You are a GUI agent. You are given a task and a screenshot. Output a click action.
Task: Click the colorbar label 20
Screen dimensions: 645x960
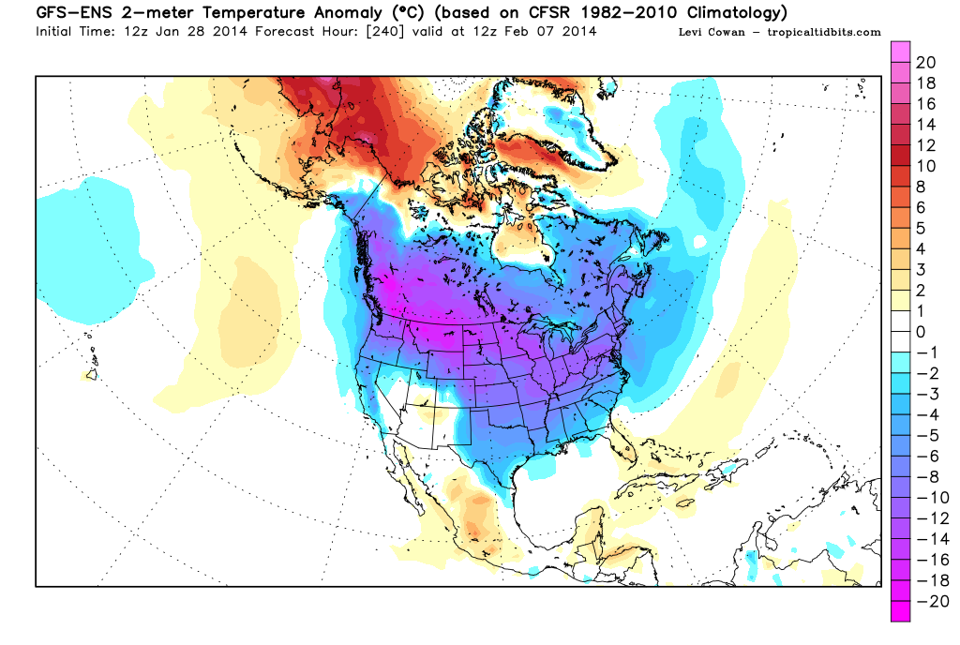click(x=924, y=63)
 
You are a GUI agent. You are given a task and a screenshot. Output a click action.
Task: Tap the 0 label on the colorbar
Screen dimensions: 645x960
click(x=921, y=332)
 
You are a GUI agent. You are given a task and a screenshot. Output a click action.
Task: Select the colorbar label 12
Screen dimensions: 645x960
click(x=924, y=145)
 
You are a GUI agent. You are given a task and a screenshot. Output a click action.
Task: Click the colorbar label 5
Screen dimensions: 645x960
click(x=921, y=228)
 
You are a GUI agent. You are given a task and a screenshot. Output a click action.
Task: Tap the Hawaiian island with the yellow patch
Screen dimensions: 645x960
click(x=93, y=375)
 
